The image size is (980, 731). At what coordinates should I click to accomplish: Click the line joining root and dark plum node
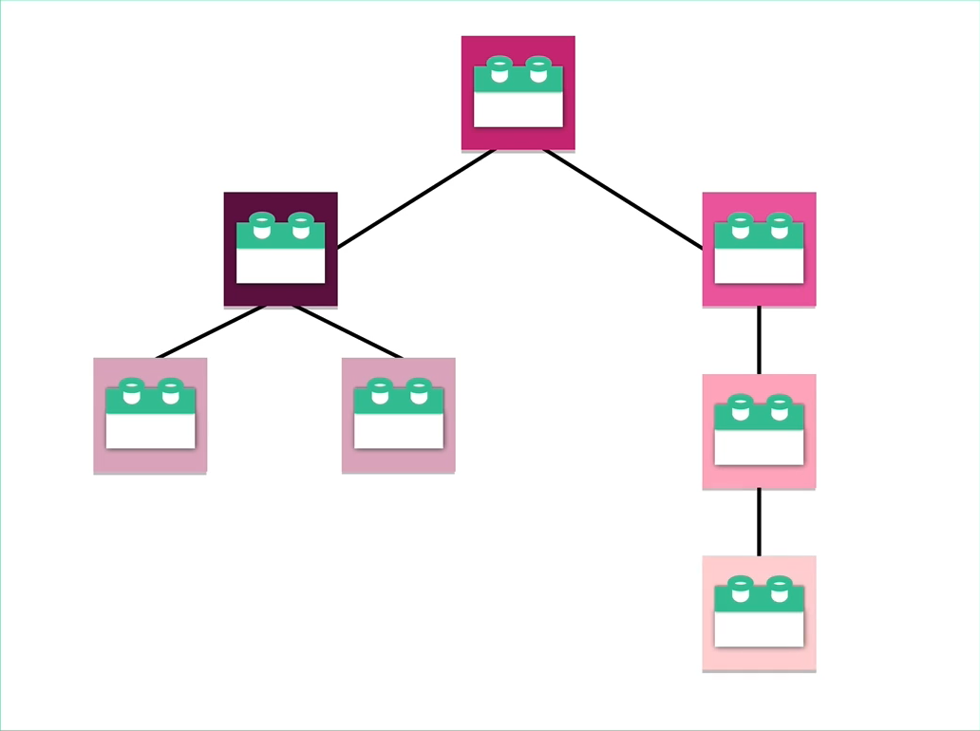coord(416,198)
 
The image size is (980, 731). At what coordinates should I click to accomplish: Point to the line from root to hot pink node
coord(623,198)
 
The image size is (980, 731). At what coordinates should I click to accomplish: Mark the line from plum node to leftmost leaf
coord(211,331)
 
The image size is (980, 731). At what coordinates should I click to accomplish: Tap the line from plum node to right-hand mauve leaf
coord(348,331)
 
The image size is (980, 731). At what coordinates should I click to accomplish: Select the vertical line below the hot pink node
coord(759,340)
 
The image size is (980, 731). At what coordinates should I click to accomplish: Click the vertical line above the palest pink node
coord(759,522)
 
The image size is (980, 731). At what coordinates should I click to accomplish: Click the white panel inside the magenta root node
coord(518,109)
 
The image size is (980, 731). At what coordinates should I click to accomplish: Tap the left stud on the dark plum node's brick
coord(261,225)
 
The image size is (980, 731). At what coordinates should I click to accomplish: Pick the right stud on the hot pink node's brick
coord(779,225)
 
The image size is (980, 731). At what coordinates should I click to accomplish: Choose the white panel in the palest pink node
coord(759,628)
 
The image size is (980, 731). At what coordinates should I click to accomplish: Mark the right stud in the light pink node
coord(779,406)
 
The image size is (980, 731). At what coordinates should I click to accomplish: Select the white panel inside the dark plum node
coord(280,265)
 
